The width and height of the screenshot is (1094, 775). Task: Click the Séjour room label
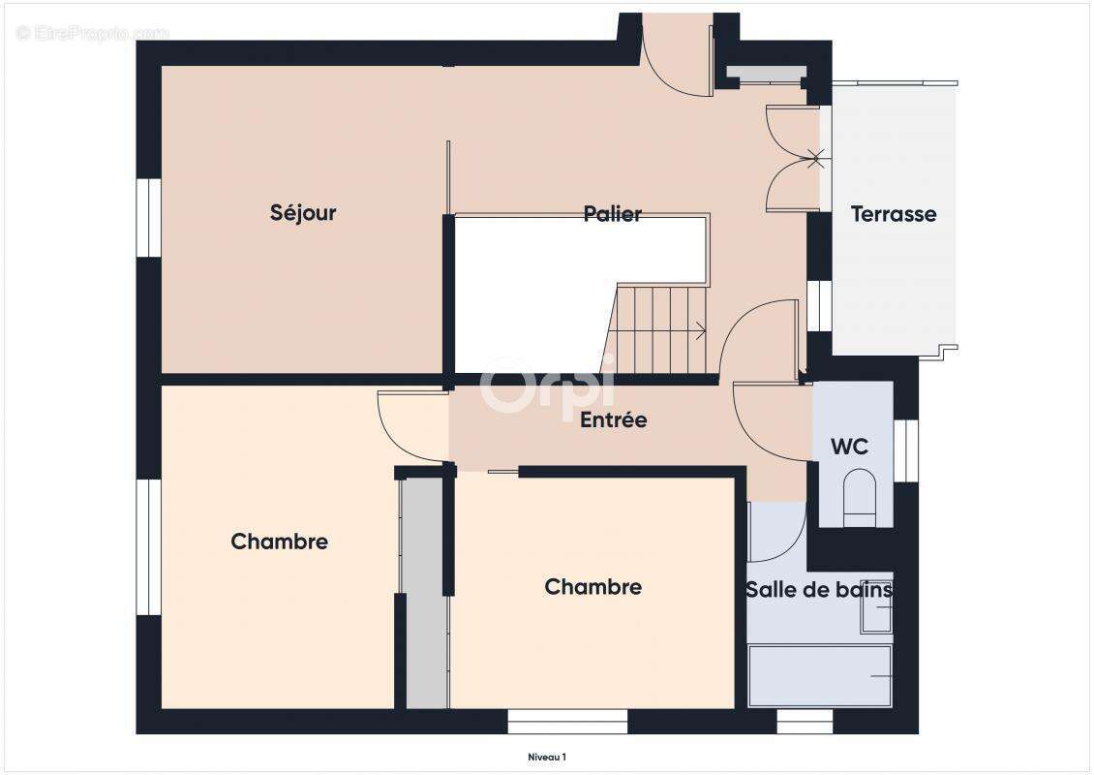303,213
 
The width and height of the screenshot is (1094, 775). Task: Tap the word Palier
613,214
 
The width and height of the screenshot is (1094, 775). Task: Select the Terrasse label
894,214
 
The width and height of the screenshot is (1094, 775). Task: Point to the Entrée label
614,419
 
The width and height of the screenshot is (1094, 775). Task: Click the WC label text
849,447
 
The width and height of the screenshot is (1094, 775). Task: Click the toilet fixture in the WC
859,497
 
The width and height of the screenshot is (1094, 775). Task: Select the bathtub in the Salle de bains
820,675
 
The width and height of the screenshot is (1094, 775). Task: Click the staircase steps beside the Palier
654,328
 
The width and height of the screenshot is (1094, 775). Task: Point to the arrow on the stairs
696,330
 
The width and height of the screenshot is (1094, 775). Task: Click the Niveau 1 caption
547,757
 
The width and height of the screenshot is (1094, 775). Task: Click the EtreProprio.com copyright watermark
92,33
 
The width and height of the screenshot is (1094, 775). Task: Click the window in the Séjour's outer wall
149,219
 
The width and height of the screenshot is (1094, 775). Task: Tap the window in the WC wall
905,451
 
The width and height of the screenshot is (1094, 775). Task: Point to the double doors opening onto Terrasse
793,159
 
